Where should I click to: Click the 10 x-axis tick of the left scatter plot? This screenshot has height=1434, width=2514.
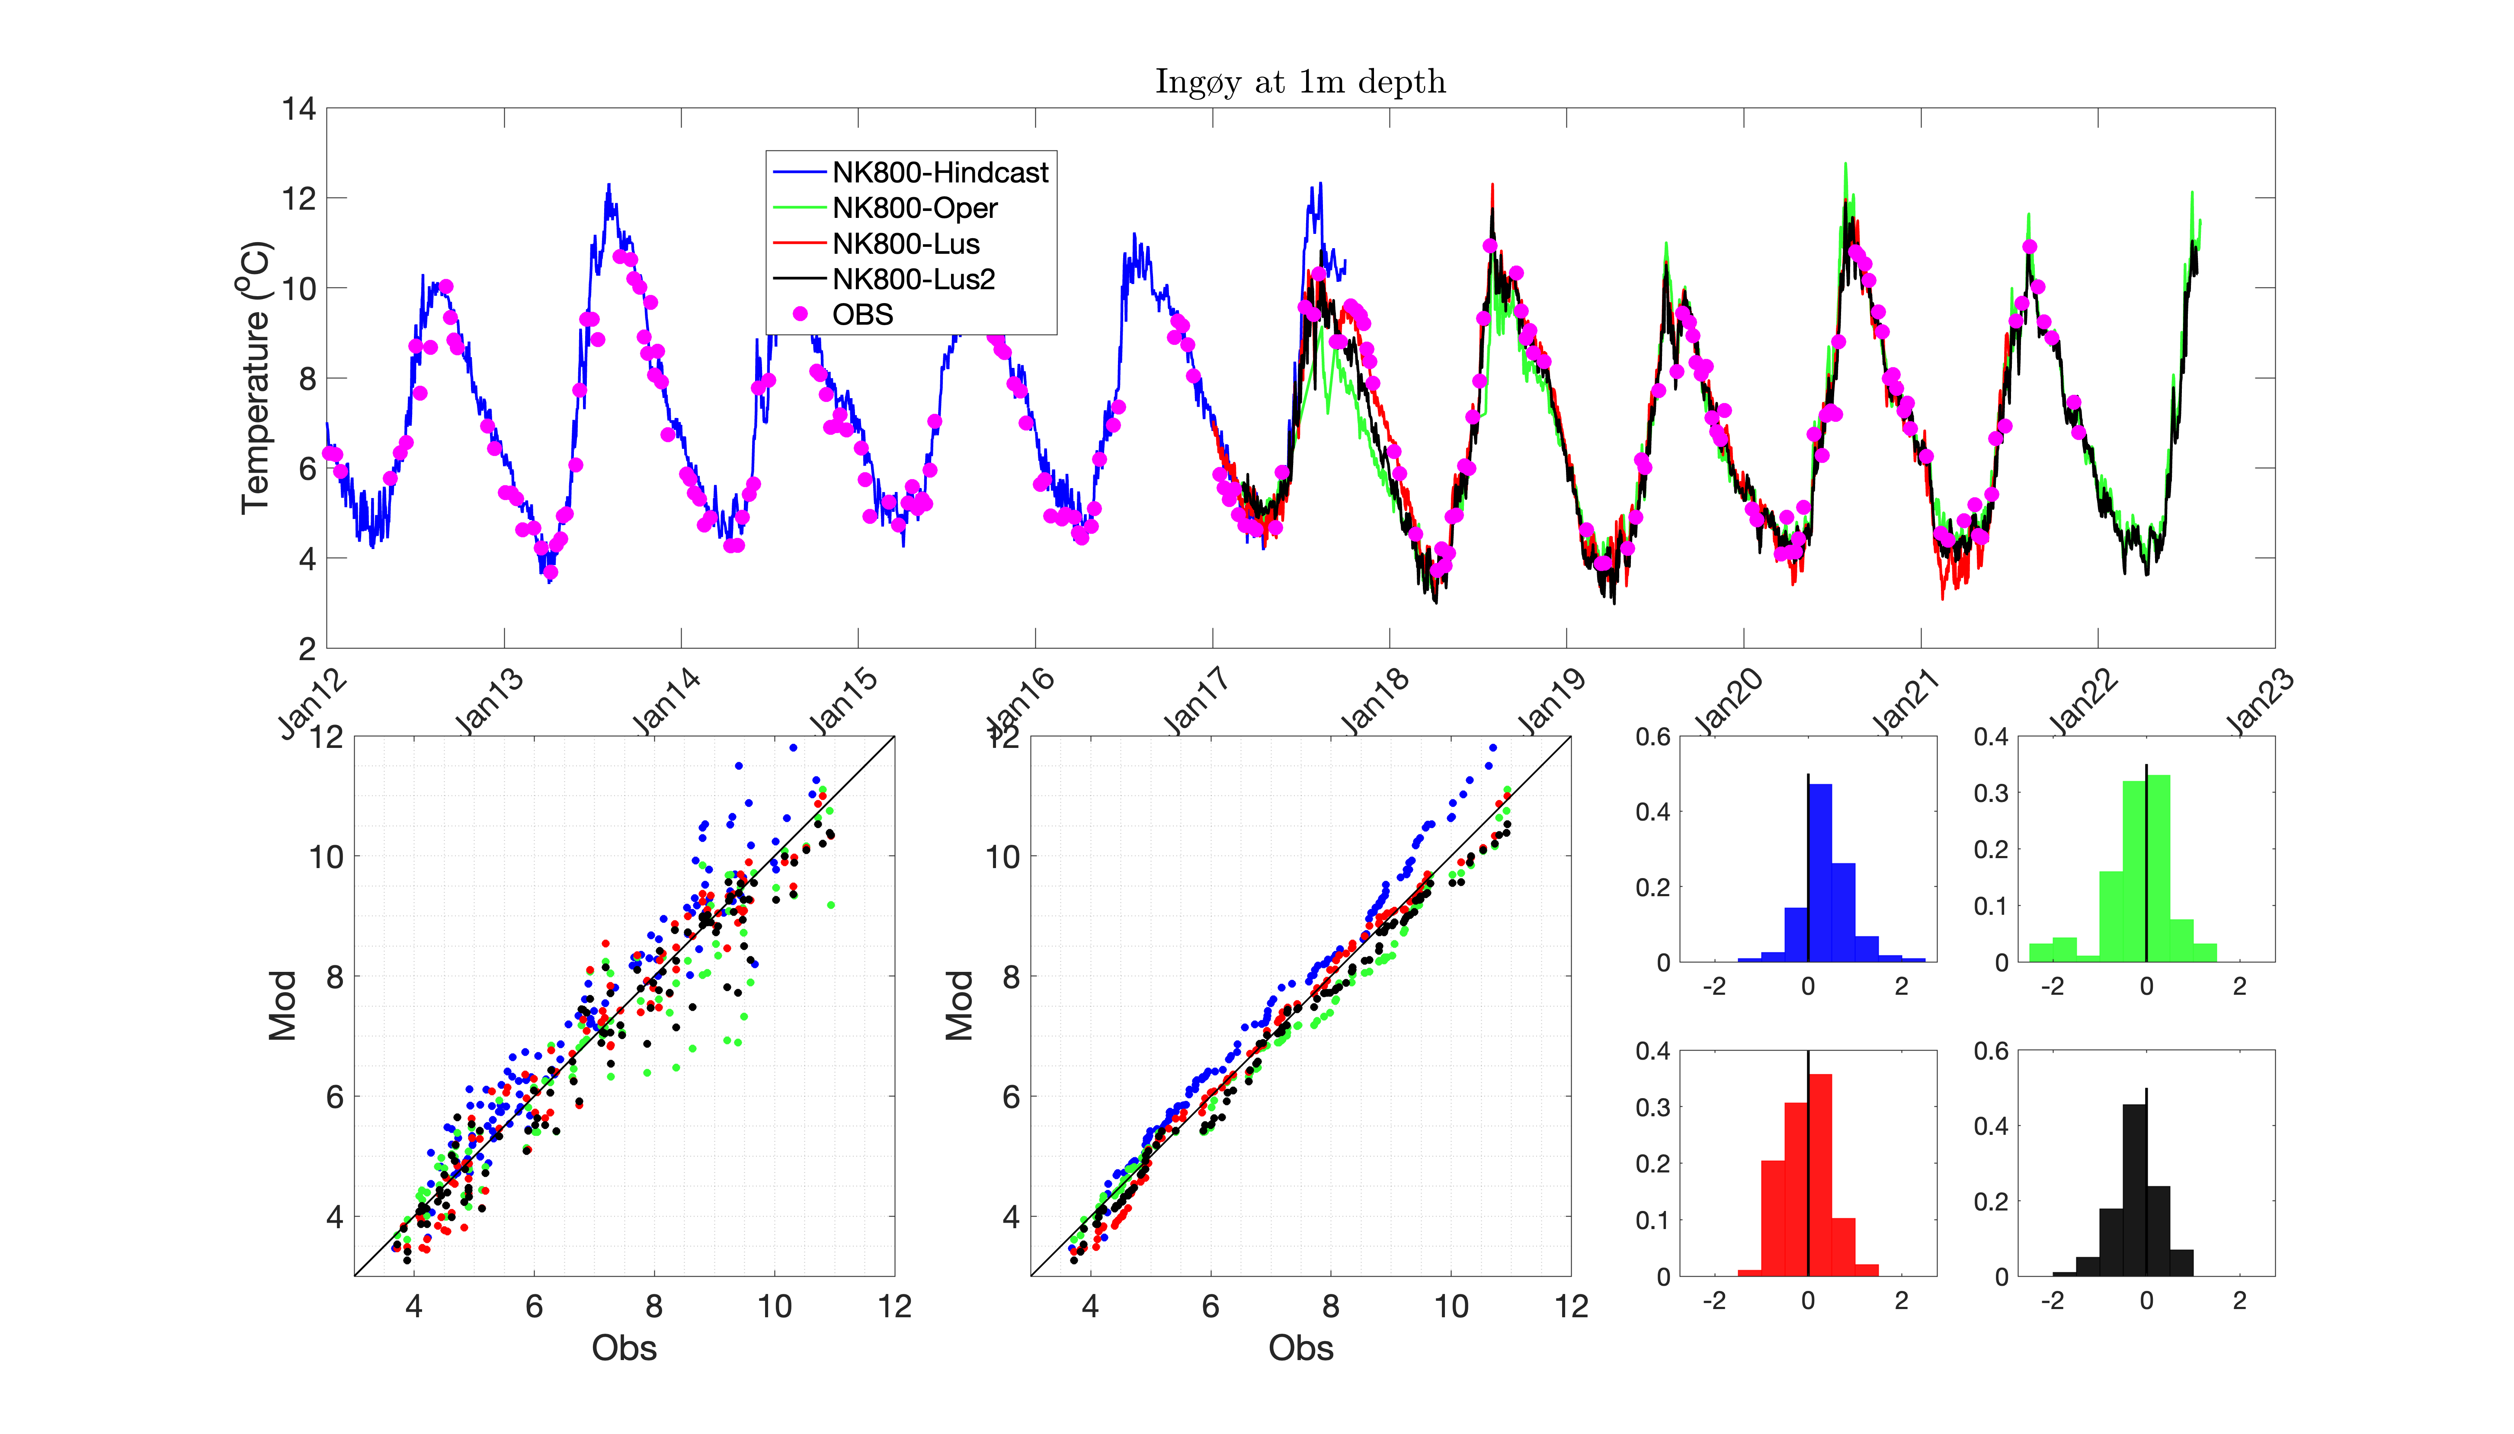coord(774,1307)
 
